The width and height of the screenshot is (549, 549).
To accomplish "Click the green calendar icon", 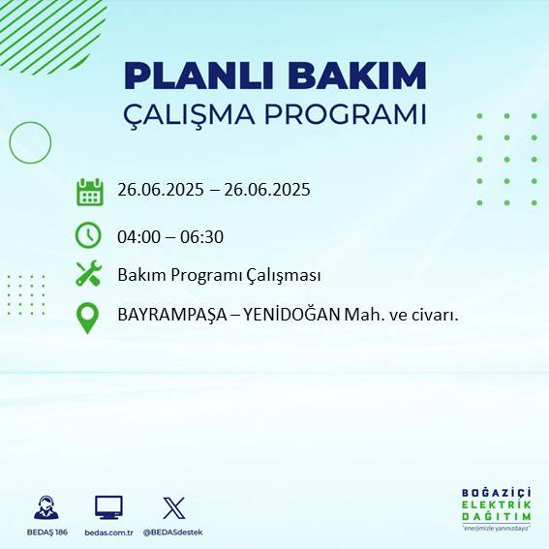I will [89, 192].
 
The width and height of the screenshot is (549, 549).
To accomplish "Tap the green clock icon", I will [88, 235].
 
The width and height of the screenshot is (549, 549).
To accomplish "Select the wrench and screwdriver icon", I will [89, 274].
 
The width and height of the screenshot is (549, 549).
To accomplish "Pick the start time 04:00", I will [138, 236].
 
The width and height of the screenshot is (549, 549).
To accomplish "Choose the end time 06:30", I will [203, 236].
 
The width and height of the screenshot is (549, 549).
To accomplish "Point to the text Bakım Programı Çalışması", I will [219, 275].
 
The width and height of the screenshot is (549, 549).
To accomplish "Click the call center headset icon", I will [45, 507].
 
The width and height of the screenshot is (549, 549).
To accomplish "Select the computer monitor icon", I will [108, 507].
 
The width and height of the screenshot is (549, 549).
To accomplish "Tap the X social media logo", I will [174, 507].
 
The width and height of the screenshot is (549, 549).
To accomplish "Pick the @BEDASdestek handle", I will [174, 533].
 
